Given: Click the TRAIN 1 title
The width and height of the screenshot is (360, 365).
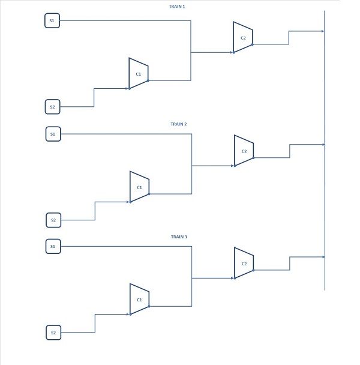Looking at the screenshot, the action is coord(177,7).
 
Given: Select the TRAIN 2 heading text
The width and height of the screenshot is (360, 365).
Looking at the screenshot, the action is coord(178,124).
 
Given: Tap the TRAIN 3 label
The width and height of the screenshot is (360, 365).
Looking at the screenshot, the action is coord(179,237).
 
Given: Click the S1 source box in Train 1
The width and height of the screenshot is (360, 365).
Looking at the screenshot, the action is coord(52,20).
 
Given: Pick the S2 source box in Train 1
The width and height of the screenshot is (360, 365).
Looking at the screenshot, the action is coord(53,107).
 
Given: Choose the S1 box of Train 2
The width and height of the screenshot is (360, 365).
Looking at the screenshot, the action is coord(53,134).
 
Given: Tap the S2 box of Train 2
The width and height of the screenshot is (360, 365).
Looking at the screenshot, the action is coord(53,220).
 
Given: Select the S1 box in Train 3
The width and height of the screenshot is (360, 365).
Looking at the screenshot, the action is coord(53,246).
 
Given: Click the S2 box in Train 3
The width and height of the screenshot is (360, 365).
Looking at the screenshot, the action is coord(53,333).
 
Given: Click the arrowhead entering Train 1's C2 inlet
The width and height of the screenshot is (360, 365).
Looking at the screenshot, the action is coord(232,52).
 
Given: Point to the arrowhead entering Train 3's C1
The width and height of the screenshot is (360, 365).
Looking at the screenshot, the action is coord(128,314).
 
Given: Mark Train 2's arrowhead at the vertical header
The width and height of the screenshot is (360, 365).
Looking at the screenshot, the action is coord(323,145).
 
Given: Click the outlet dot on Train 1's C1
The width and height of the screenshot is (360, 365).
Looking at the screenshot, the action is coord(148,81).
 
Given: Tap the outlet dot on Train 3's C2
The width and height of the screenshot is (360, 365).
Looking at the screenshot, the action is coord(253,270).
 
